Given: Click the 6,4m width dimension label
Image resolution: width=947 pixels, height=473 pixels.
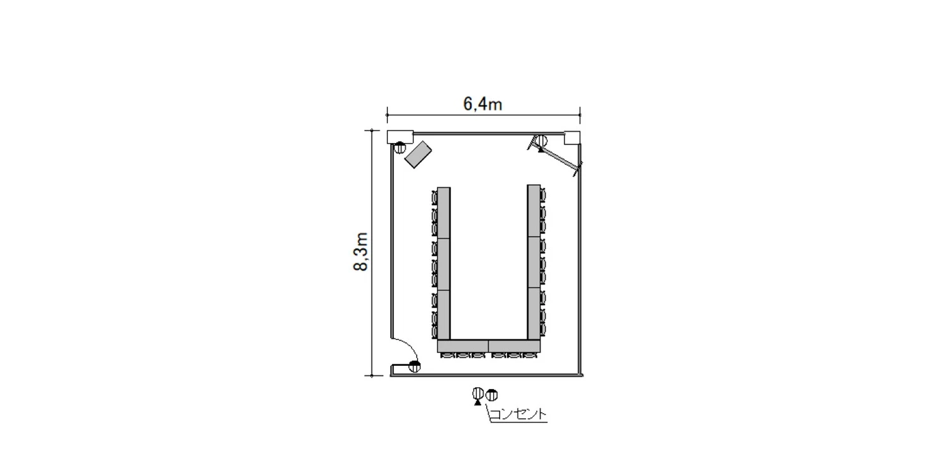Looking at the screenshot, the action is coord(483,104).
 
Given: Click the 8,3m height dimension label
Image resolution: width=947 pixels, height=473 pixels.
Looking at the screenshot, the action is coord(360,252).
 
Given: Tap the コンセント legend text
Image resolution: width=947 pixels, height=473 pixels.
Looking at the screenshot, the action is coord(518,414).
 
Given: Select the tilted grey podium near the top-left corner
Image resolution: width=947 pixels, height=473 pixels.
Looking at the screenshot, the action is coord(418,155).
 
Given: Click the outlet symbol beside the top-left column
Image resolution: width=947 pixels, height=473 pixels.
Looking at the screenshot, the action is coord(400,148).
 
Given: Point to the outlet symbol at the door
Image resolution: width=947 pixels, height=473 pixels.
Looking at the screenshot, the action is coord(415,366).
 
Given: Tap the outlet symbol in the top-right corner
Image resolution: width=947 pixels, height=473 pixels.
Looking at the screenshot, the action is coord(541,141).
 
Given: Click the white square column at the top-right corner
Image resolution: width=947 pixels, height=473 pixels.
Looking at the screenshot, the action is coord(572,137).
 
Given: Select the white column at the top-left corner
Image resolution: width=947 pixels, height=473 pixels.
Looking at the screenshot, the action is coord(400,136).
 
